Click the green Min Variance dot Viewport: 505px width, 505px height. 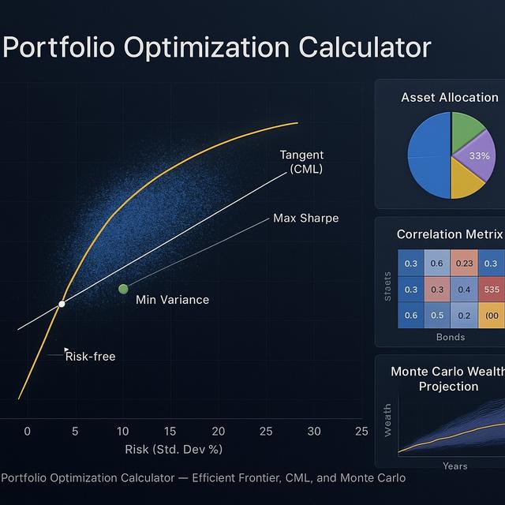[x=123, y=289]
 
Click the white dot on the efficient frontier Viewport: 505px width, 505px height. [x=62, y=304]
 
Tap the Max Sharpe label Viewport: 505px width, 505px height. [x=305, y=218]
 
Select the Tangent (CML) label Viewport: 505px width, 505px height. [x=301, y=162]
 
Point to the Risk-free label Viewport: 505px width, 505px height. [x=90, y=357]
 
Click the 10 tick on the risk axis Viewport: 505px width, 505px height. [x=123, y=432]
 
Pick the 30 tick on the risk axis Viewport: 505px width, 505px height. [x=314, y=432]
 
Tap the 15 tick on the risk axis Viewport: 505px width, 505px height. [x=170, y=432]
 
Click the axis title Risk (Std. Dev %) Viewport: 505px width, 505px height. [x=174, y=450]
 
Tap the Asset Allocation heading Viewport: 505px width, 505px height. [x=450, y=98]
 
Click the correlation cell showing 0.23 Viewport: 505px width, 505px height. [x=464, y=264]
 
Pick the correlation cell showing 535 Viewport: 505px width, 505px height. [x=492, y=290]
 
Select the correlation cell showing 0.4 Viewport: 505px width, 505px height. [x=464, y=290]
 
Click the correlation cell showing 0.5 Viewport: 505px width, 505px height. [x=437, y=316]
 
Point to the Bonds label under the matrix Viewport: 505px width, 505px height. [x=451, y=337]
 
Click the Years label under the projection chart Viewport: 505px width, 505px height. [x=455, y=466]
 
